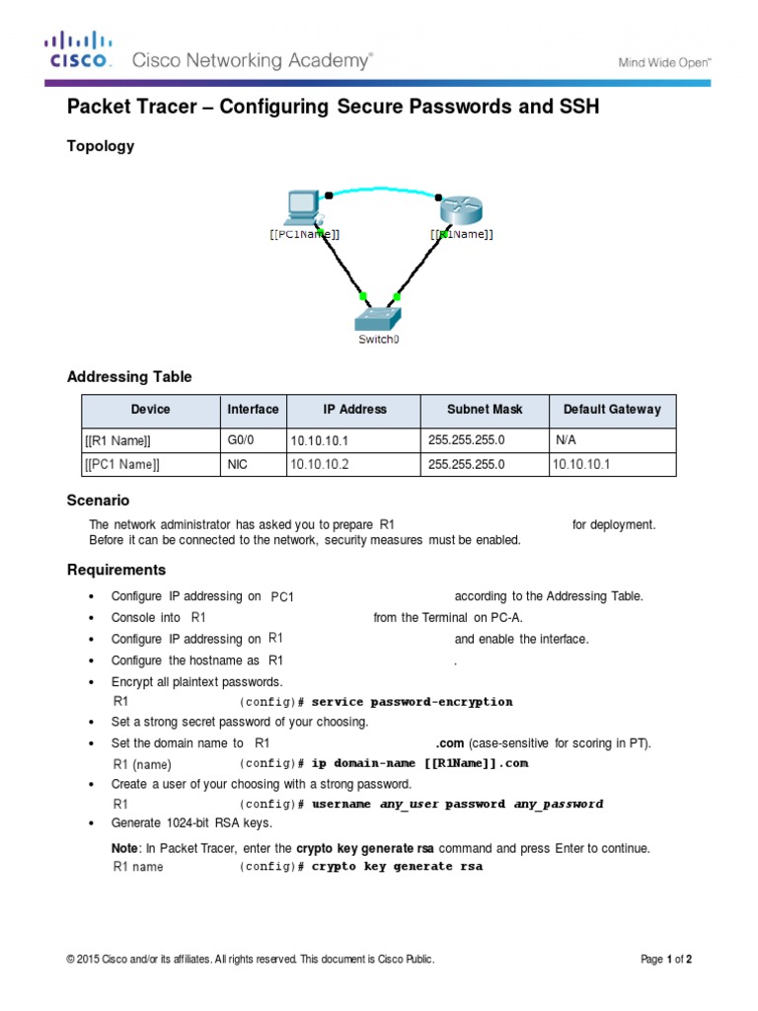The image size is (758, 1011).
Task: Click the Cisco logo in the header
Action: (x=80, y=51)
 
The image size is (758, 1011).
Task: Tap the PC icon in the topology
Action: (x=301, y=207)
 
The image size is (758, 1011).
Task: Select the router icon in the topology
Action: (x=459, y=208)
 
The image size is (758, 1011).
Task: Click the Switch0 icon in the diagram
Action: (x=379, y=317)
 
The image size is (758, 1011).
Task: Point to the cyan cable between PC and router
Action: (x=385, y=188)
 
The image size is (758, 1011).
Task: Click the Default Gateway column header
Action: (x=612, y=410)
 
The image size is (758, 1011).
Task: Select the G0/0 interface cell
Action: (x=241, y=439)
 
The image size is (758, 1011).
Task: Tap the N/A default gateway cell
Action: (x=566, y=439)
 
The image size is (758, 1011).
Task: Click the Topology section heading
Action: (x=100, y=146)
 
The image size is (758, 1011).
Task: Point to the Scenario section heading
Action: (x=98, y=501)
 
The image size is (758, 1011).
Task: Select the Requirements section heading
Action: (x=115, y=570)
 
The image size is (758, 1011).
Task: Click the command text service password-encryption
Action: (x=412, y=702)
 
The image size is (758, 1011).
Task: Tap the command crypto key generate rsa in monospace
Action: (x=397, y=867)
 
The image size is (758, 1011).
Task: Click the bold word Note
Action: (x=124, y=848)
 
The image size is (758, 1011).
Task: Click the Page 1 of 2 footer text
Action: (x=666, y=959)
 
